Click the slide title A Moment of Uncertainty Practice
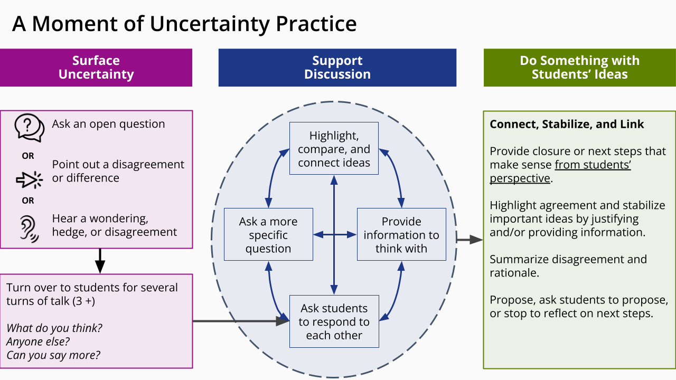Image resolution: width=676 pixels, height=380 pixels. click(184, 24)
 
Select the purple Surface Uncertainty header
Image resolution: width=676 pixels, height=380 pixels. click(96, 68)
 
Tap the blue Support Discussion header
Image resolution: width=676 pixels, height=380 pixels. click(337, 68)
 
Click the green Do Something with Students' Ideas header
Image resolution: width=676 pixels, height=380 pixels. click(579, 68)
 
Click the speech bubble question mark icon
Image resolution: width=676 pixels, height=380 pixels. click(29, 127)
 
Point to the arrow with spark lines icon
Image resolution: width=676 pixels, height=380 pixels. click(29, 179)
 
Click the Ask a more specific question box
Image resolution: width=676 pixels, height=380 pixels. click(268, 235)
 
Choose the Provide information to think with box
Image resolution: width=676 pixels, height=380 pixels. click(401, 235)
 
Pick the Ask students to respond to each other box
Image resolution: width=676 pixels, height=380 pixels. click(334, 321)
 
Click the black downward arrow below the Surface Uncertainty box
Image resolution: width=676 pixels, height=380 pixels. click(100, 260)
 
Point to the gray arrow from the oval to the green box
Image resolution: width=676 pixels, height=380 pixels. click(470, 240)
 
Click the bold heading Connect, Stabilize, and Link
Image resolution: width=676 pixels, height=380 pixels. click(567, 124)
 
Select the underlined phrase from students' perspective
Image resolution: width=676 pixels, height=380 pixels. click(560, 172)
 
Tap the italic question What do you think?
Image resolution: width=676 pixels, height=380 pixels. click(54, 328)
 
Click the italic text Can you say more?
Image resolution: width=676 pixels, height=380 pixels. click(53, 355)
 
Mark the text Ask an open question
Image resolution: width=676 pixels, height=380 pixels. click(108, 124)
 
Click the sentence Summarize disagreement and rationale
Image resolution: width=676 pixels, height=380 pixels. click(568, 266)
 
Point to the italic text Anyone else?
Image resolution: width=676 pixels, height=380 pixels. click(38, 341)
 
